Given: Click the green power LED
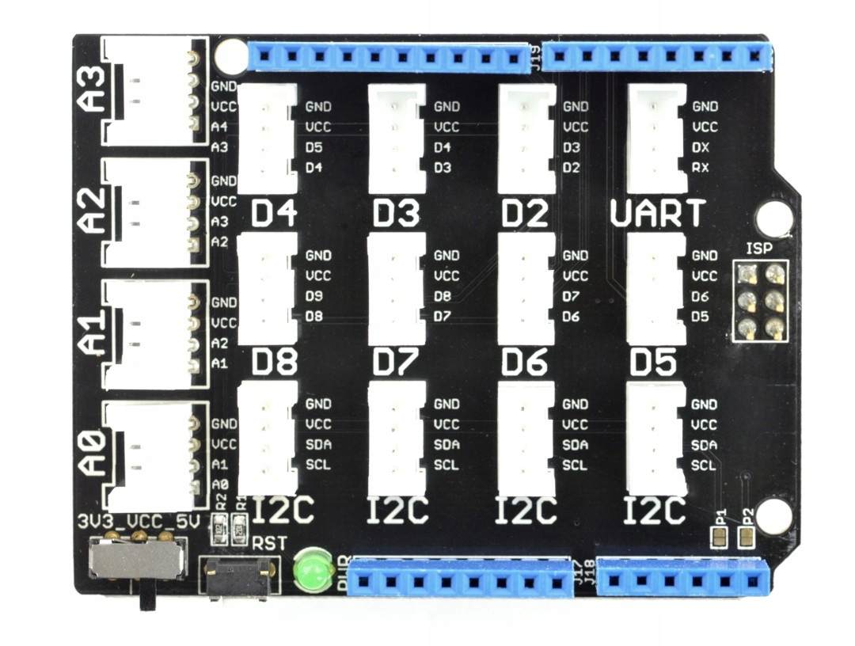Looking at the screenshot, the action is point(313,570).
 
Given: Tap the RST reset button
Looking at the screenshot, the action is point(237,578).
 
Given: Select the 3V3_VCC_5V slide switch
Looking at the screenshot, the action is point(135,560).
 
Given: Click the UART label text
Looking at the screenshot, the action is point(658,214).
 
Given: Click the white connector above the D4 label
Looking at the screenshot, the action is point(268,139).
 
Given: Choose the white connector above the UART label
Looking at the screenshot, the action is point(657,139).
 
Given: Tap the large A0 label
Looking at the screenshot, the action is point(93,452).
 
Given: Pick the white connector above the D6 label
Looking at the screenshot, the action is point(526,288).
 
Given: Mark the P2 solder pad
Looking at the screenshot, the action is point(746,538).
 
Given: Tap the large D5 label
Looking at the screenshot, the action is point(653,363).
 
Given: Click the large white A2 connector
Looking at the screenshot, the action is point(149,212).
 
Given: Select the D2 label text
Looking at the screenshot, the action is point(526,214).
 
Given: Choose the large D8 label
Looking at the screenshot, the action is point(274,363).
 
